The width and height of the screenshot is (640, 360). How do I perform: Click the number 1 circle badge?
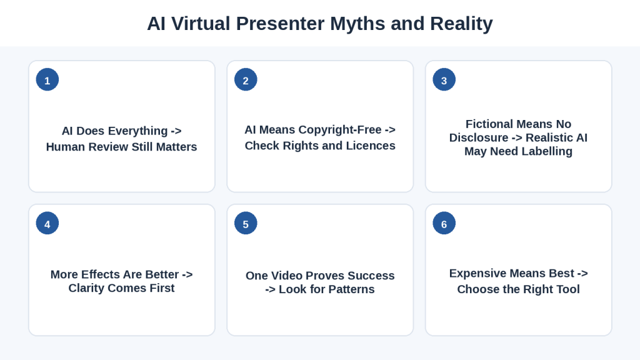pos(47,79)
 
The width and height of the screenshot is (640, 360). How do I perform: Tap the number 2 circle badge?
pos(246,79)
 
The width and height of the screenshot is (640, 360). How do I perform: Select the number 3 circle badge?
pos(444,79)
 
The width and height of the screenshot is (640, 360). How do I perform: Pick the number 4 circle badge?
pos(47,223)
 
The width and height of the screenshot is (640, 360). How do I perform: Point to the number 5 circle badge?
pos(246,223)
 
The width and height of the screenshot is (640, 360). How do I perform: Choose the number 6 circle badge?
pos(444,223)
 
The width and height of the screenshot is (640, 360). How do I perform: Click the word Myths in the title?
pos(357,24)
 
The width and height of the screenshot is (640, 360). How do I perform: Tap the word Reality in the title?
pos(461,24)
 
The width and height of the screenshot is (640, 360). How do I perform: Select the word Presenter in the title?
pos(281,24)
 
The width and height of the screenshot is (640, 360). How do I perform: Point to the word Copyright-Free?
pos(341,130)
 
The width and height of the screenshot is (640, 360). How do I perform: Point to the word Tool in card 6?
pos(567,289)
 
